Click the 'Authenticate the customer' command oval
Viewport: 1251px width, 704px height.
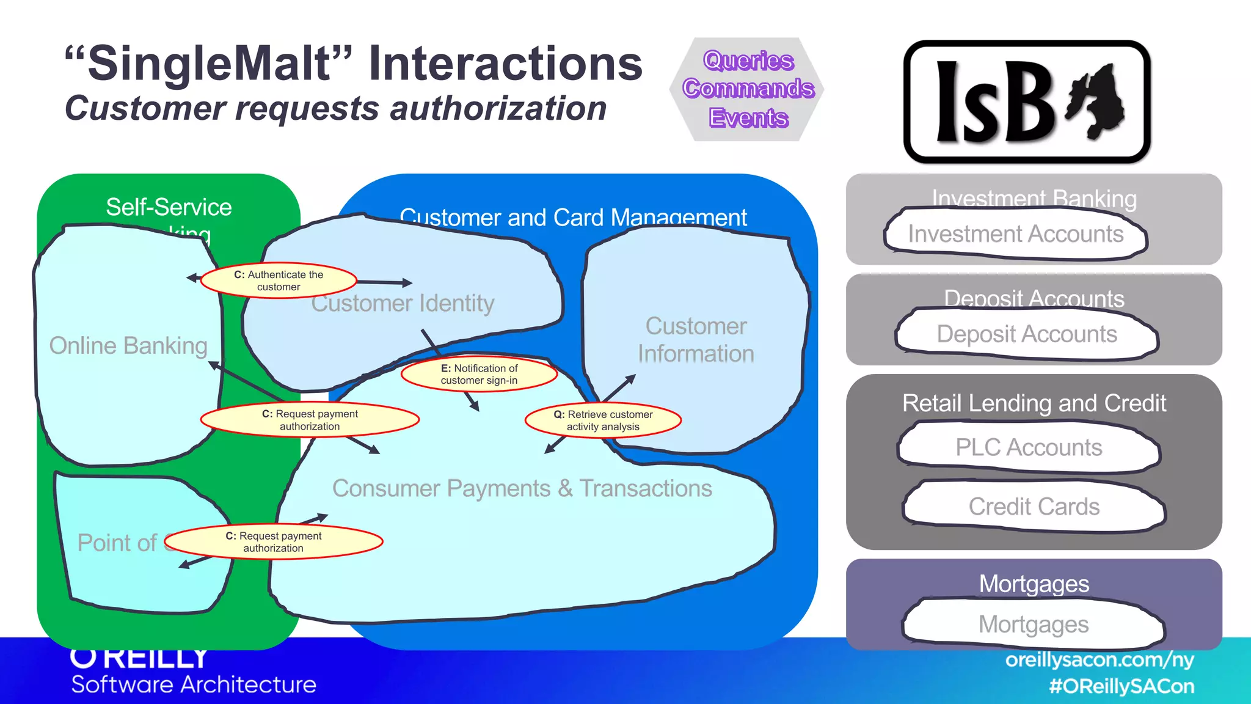tap(279, 281)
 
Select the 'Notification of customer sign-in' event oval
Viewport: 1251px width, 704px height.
tap(479, 374)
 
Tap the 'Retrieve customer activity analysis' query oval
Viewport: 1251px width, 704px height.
tap(603, 420)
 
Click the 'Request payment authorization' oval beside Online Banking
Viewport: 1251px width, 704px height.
tap(310, 420)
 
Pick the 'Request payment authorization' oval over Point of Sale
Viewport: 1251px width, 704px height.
tap(273, 542)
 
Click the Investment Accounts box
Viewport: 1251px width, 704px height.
tap(1015, 234)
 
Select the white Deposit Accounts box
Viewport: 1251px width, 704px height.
tap(1026, 334)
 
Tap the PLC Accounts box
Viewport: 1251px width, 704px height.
tap(1029, 447)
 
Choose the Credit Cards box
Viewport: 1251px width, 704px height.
tap(1034, 507)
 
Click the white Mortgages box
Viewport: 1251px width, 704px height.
tap(1034, 625)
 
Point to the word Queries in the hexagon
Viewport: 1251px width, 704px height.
tap(748, 61)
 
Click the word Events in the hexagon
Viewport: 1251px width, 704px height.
tap(748, 117)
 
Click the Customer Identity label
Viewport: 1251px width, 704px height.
tap(403, 304)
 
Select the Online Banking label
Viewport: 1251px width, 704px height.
tap(128, 346)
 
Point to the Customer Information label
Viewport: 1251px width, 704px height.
tap(696, 340)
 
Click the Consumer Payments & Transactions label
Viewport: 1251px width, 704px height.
tap(522, 488)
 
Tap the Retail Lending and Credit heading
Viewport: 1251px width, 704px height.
tap(1034, 403)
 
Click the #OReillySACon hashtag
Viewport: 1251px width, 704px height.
tap(1121, 686)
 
